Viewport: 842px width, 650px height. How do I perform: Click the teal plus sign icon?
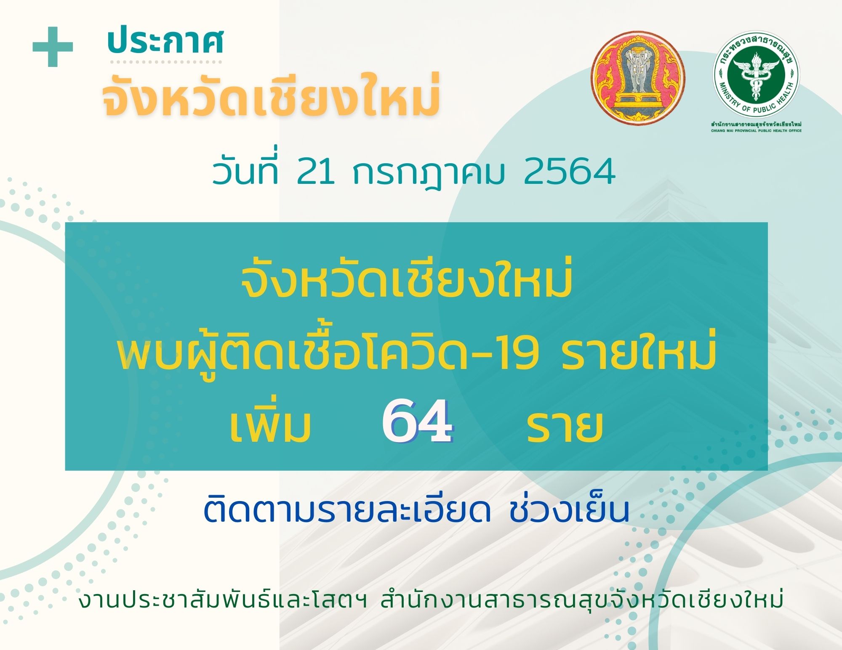coord(53,46)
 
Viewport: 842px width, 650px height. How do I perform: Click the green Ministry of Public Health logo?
coord(756,75)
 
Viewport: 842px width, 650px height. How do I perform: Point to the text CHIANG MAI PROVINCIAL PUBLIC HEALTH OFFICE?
coord(757,131)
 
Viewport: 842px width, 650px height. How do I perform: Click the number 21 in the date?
coord(316,172)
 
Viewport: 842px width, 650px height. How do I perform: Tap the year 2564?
coord(569,172)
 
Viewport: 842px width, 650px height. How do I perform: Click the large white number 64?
coord(417,422)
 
